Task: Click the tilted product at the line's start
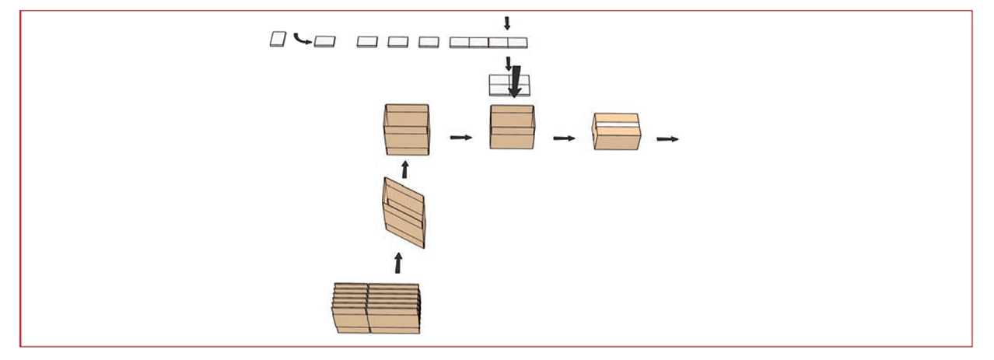(x=278, y=39)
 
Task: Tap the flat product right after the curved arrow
(x=324, y=42)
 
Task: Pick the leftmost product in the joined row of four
(x=459, y=43)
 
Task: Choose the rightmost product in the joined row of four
(x=517, y=43)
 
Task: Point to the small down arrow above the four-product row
(x=507, y=23)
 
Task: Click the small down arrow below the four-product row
(x=508, y=63)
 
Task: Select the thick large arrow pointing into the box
(x=514, y=82)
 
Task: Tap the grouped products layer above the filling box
(x=498, y=84)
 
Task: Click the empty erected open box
(x=406, y=130)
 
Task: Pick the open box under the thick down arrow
(x=512, y=128)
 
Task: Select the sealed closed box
(x=616, y=132)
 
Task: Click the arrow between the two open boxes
(x=461, y=138)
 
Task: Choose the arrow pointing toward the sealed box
(x=564, y=138)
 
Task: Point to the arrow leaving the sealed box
(x=667, y=139)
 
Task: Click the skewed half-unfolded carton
(x=404, y=212)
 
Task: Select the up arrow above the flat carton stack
(x=398, y=263)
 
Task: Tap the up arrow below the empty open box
(x=404, y=169)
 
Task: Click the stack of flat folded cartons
(x=376, y=309)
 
